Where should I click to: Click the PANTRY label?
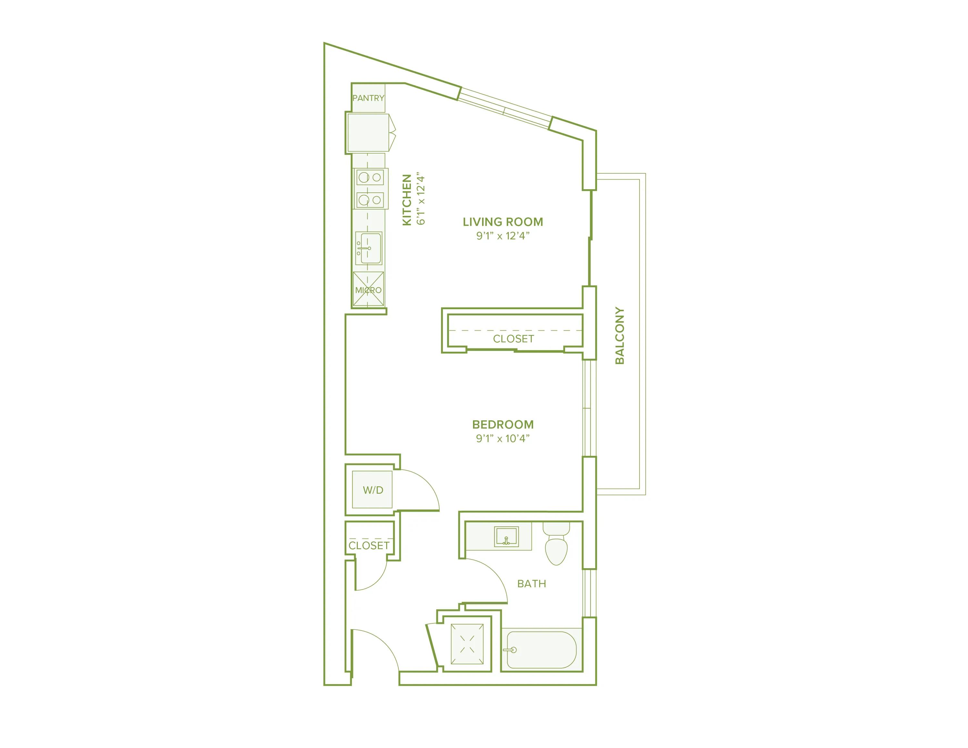point(368,98)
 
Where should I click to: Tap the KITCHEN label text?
point(407,200)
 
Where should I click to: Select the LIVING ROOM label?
point(503,222)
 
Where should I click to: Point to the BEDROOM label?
point(503,424)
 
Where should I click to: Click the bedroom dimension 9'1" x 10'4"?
point(503,438)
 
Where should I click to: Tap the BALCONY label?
point(620,336)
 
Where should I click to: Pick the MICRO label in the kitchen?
point(368,290)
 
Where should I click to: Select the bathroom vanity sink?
point(506,537)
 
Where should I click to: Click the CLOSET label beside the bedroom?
point(513,339)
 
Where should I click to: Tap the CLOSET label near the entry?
point(369,545)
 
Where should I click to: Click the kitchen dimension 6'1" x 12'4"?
point(421,200)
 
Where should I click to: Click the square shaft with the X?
point(467,644)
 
